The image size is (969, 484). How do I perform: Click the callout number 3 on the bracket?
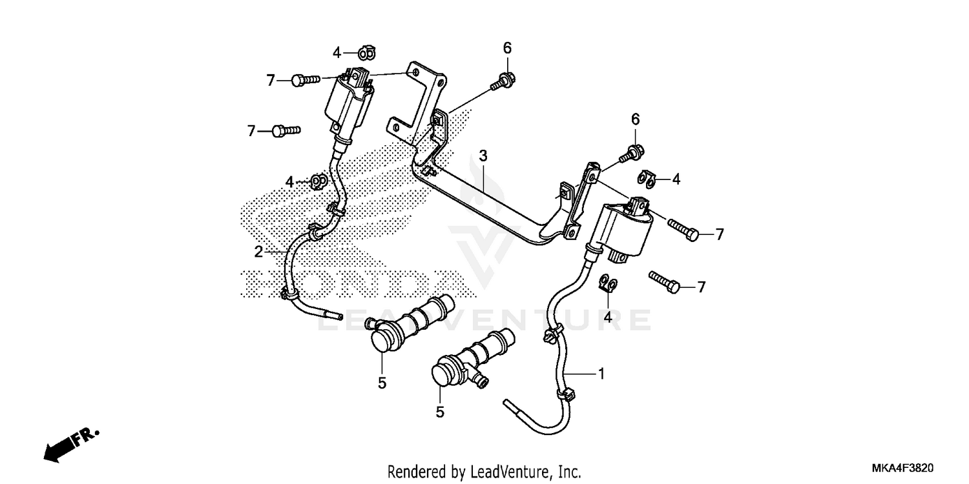click(483, 156)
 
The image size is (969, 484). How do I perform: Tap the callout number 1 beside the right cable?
click(601, 373)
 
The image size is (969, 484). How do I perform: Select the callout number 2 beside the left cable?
click(258, 252)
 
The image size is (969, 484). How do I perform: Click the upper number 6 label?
click(507, 47)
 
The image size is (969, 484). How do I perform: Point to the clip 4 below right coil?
click(609, 283)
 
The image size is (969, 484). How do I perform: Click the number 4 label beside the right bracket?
click(676, 179)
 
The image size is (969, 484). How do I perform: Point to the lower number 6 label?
click(635, 119)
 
